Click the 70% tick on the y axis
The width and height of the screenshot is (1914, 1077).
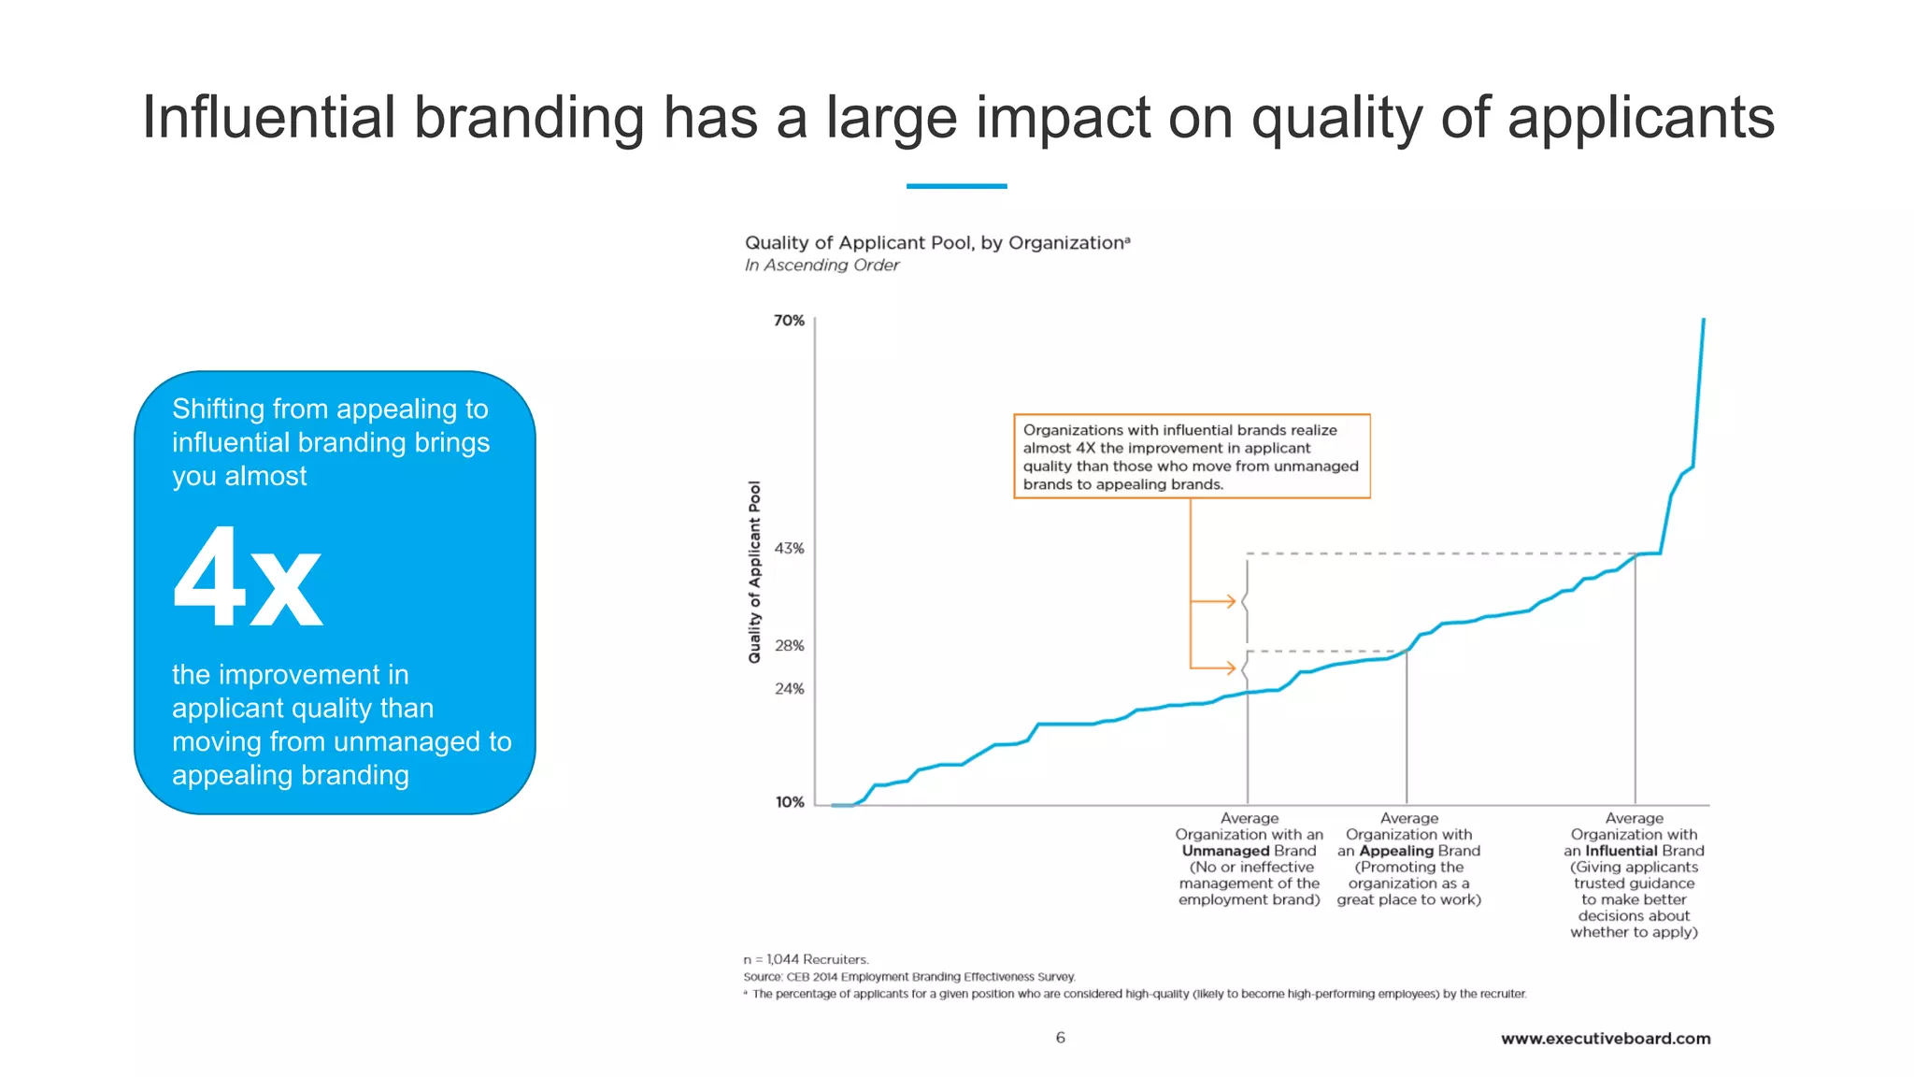[789, 321]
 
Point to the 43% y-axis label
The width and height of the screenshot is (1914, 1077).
[789, 549]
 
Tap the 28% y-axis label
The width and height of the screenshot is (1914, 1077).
[789, 646]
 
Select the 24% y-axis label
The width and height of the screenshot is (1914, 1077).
[789, 689]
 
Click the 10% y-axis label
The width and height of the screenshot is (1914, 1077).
[790, 802]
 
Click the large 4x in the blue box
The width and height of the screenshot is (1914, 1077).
[248, 577]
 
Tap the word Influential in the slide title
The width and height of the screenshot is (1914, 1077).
[269, 119]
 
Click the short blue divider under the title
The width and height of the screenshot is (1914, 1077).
[956, 186]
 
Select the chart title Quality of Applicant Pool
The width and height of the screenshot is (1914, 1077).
[936, 243]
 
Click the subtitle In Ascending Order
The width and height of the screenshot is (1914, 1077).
[821, 266]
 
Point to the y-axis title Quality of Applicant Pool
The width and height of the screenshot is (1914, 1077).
[754, 572]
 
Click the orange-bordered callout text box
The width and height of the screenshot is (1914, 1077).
[1192, 456]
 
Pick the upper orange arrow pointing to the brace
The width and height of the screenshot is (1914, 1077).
[1215, 601]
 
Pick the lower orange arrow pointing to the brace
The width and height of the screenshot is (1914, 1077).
[1215, 668]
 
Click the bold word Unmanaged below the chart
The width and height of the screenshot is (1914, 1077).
[1225, 851]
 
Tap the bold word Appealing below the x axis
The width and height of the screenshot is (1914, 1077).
[1396, 851]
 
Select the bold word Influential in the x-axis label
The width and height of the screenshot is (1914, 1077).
[1621, 851]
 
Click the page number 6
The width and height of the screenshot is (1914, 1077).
[1060, 1038]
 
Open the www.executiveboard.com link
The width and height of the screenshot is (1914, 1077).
[1606, 1039]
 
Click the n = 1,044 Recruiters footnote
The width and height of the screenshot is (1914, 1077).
[806, 959]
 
